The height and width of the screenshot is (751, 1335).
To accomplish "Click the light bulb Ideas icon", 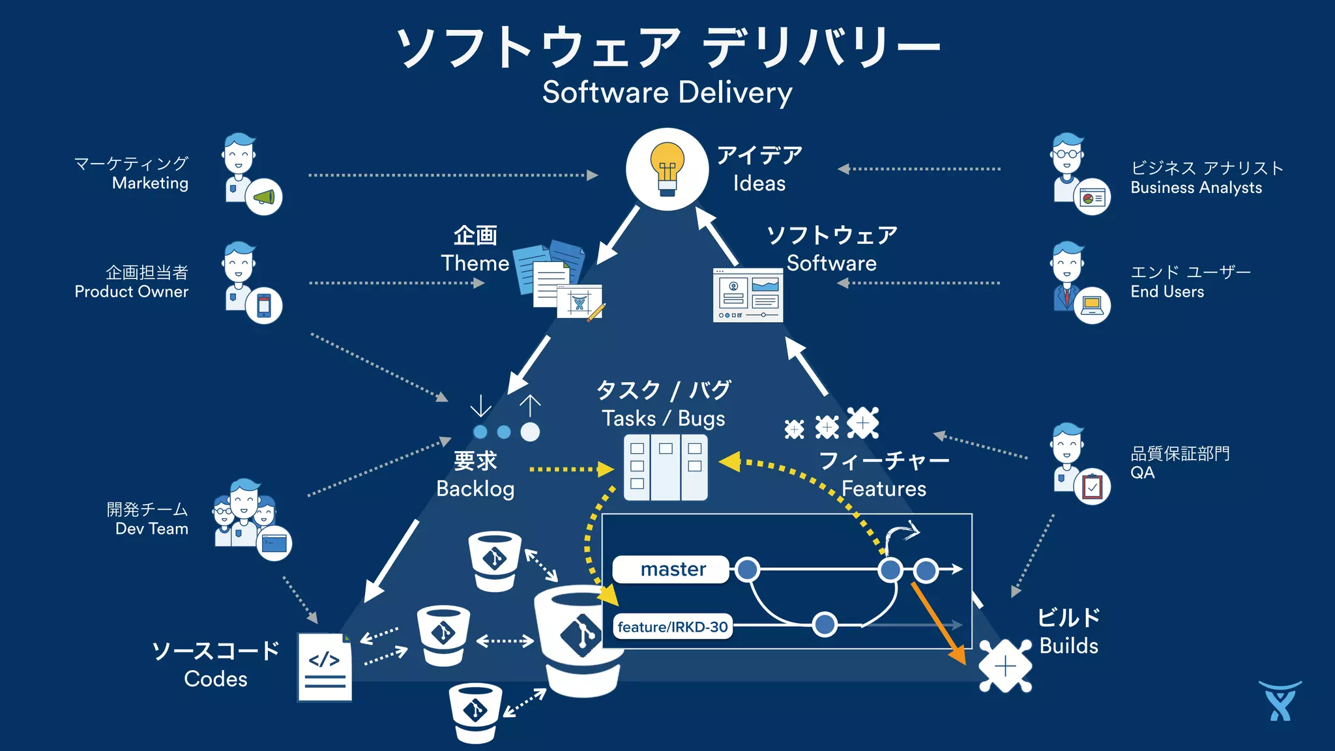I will click(667, 169).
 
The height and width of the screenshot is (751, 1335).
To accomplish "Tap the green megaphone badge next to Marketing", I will click(264, 197).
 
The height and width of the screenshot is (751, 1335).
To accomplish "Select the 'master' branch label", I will click(672, 569).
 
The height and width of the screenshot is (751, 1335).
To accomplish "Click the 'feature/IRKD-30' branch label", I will click(672, 626).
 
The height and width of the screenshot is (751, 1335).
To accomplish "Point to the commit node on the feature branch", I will click(825, 624).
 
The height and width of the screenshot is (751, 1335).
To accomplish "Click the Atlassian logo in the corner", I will click(1280, 701).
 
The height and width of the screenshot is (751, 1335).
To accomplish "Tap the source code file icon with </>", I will click(325, 666).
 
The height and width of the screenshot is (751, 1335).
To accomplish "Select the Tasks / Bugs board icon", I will click(665, 467).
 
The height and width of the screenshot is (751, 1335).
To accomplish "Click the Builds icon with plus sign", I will click(1005, 666).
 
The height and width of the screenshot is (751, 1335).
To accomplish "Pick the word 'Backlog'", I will click(475, 488).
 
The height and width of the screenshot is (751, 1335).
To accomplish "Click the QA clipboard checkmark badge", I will click(1093, 486).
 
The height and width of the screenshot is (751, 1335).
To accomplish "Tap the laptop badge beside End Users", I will click(1092, 305).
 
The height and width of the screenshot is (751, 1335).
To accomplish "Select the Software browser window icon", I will click(748, 295).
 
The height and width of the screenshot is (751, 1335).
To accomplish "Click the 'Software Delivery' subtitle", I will click(667, 92).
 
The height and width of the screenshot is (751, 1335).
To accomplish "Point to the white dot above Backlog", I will click(530, 432).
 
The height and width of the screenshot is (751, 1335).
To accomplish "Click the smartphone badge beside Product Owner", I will click(264, 305).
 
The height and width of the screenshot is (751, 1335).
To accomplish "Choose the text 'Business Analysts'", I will click(1196, 188).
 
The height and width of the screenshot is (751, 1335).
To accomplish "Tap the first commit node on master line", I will click(747, 569).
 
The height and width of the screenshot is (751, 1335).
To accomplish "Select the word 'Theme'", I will click(475, 263).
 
